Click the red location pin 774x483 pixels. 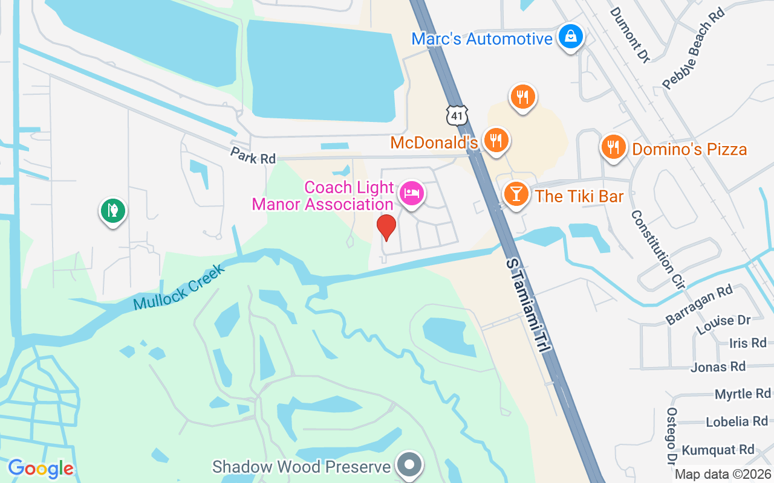click(386, 226)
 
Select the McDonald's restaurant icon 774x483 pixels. click(496, 141)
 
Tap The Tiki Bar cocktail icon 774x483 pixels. click(515, 194)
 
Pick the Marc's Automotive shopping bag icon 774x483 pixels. click(570, 37)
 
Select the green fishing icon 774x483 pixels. click(112, 211)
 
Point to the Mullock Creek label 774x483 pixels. click(179, 287)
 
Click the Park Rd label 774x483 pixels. click(253, 155)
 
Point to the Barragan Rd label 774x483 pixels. click(699, 305)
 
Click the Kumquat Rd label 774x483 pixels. click(718, 450)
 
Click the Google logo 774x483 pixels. click(41, 469)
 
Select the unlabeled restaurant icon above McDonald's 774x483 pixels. click(522, 97)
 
